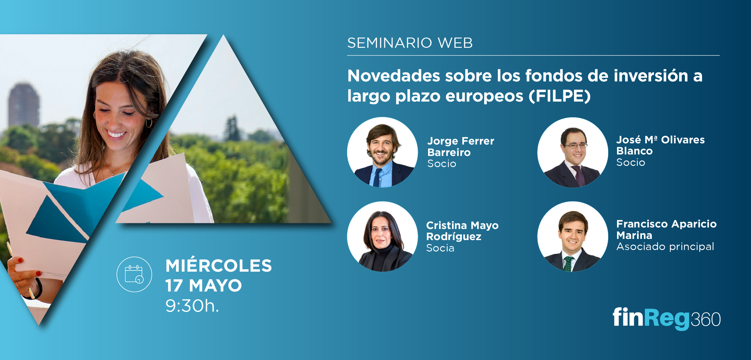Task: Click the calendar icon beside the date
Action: point(134,274)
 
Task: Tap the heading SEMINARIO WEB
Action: point(410,43)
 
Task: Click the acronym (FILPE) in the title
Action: point(559,96)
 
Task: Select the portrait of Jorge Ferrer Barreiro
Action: point(382,152)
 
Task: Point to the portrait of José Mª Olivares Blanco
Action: point(573,152)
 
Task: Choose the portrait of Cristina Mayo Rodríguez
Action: point(382,236)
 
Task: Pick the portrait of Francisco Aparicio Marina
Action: point(573,236)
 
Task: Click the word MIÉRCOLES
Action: point(218,266)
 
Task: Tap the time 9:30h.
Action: point(192,306)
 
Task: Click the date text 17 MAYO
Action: point(204,285)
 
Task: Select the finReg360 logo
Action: point(667,319)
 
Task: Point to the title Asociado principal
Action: point(665,247)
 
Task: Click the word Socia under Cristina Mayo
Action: point(440,248)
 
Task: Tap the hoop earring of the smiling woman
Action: point(149,123)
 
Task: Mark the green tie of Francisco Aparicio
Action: point(568,264)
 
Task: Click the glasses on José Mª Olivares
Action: point(575,146)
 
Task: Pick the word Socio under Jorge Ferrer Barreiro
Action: point(442,164)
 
